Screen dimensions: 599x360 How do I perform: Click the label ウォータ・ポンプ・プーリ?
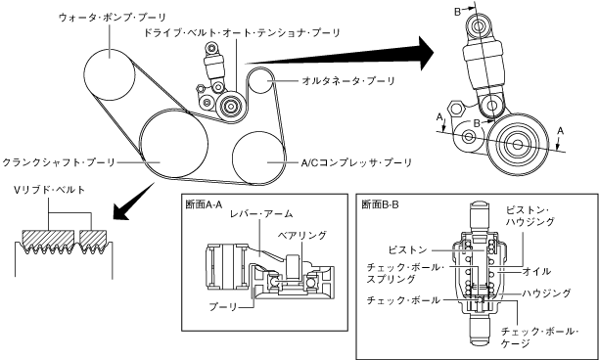(x=113, y=18)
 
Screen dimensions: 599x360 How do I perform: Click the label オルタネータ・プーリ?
(x=348, y=81)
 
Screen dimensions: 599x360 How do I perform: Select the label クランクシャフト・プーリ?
(x=59, y=162)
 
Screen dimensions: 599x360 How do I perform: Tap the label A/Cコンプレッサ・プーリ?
(x=356, y=163)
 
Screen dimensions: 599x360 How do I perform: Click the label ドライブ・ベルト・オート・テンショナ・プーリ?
(x=242, y=33)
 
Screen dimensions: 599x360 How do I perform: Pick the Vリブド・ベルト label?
(x=49, y=190)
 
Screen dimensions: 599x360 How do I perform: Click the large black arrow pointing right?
(x=340, y=54)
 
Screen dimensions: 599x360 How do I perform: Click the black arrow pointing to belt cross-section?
(x=134, y=202)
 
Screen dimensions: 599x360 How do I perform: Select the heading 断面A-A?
(x=204, y=204)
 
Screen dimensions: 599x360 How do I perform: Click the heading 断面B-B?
(x=380, y=204)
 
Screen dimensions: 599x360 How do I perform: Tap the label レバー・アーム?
(x=261, y=214)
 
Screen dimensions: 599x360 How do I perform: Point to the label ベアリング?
(x=301, y=235)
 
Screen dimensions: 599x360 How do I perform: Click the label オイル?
(x=536, y=271)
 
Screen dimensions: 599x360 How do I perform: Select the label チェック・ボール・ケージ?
(x=539, y=337)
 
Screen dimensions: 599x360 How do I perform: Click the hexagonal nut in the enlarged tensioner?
(x=456, y=109)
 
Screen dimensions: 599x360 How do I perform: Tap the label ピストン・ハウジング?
(x=530, y=215)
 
